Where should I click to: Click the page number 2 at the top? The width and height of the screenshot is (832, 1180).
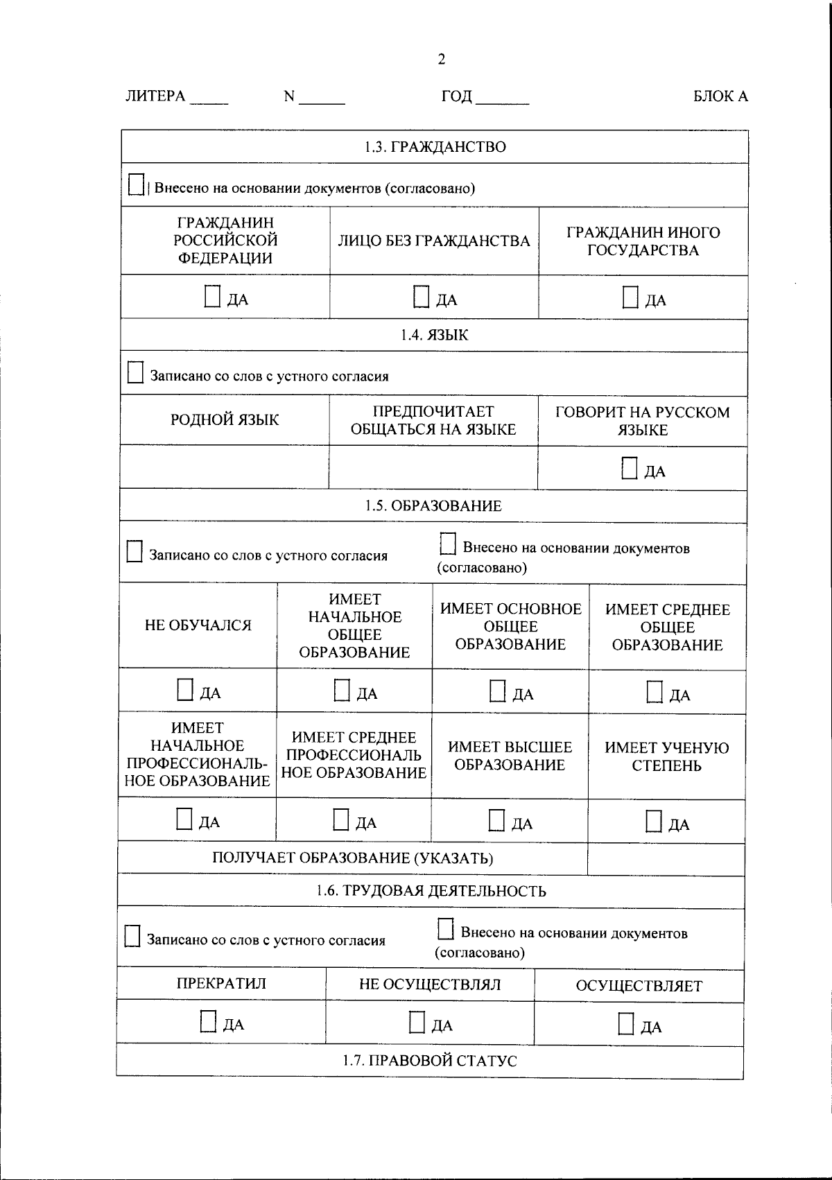coord(441,60)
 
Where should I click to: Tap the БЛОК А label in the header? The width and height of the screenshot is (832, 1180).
coord(720,97)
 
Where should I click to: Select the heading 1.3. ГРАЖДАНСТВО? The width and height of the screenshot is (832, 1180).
coord(435,147)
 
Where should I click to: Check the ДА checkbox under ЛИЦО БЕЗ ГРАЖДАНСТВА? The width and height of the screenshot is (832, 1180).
coord(421,297)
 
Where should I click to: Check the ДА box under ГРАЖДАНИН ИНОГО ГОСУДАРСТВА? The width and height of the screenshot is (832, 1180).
coord(630,297)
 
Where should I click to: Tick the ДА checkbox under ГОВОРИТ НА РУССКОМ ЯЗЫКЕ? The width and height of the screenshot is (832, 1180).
coord(629,469)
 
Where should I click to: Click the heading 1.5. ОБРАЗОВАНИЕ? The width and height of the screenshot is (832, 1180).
coord(433,506)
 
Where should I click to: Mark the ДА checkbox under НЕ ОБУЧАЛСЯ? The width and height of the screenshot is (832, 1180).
coord(184,690)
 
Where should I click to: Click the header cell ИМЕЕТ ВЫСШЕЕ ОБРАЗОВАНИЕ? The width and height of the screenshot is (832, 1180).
coord(510,756)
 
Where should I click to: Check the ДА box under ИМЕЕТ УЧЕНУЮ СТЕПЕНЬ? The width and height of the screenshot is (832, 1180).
coord(653,822)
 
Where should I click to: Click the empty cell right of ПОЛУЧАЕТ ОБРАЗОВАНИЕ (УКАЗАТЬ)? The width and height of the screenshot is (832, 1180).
coord(666,860)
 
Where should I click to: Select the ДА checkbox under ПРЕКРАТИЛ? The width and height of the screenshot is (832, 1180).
coord(208,1021)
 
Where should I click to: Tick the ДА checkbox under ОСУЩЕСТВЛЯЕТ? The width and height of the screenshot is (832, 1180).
coord(626,1024)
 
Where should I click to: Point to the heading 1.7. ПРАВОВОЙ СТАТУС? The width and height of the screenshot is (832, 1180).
coord(430,1061)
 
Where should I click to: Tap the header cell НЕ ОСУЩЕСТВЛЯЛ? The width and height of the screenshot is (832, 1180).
coord(430,985)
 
